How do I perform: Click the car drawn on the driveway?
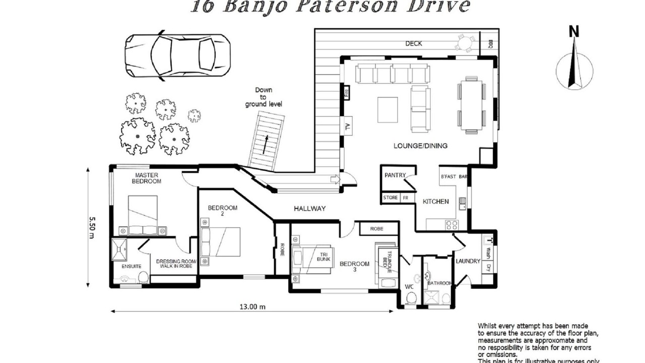click(x=177, y=55)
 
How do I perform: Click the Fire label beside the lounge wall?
click(x=346, y=92)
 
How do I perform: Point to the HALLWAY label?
click(x=310, y=208)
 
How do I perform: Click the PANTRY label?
click(x=395, y=175)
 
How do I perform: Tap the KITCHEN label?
click(x=435, y=202)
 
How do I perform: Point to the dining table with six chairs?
click(x=471, y=105)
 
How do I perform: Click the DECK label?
click(x=413, y=44)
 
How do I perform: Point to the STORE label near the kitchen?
click(x=391, y=198)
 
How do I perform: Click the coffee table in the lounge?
click(x=388, y=109)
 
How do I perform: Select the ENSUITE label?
click(x=131, y=266)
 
